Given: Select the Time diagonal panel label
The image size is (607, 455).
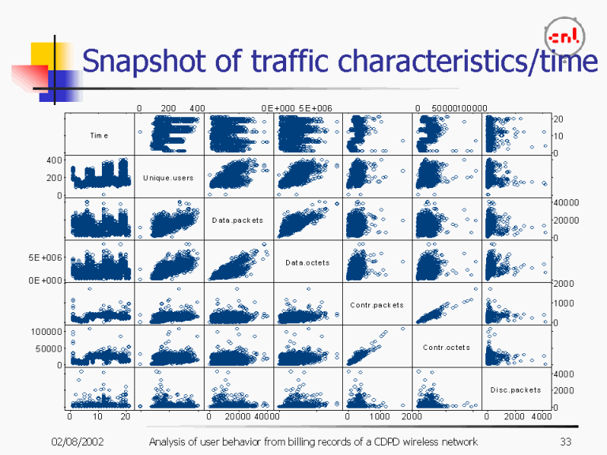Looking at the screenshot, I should pos(99,135).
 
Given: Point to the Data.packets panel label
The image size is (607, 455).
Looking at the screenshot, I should pos(237,220).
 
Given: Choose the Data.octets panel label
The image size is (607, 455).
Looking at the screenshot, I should pos(307,262).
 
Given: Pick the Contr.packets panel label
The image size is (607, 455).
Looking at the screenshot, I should pos(376,305).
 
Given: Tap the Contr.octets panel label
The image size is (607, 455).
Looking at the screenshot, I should pos(446,348).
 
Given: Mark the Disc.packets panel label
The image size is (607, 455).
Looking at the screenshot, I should pos(515,389).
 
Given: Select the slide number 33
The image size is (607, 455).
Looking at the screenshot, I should pos(565,441).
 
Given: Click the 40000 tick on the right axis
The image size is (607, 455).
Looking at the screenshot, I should pos(566,203).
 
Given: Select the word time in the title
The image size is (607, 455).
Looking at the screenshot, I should pos(568,60).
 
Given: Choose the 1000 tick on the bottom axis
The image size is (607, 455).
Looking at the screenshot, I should pos(380,416).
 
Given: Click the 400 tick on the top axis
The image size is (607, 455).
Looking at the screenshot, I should pos(197,108).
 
